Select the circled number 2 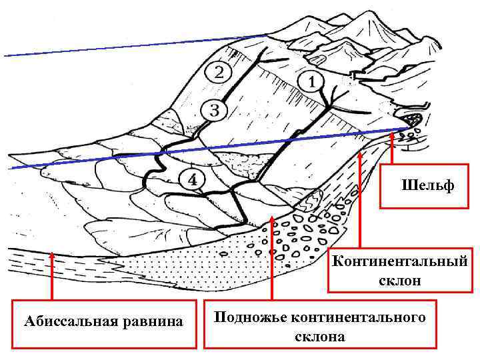pos(219,72)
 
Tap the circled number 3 pos(213,109)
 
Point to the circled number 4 pos(193,179)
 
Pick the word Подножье pos(247,317)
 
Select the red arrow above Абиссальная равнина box pos(52,277)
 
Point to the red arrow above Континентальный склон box pos(360,200)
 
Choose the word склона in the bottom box pos(319,336)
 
